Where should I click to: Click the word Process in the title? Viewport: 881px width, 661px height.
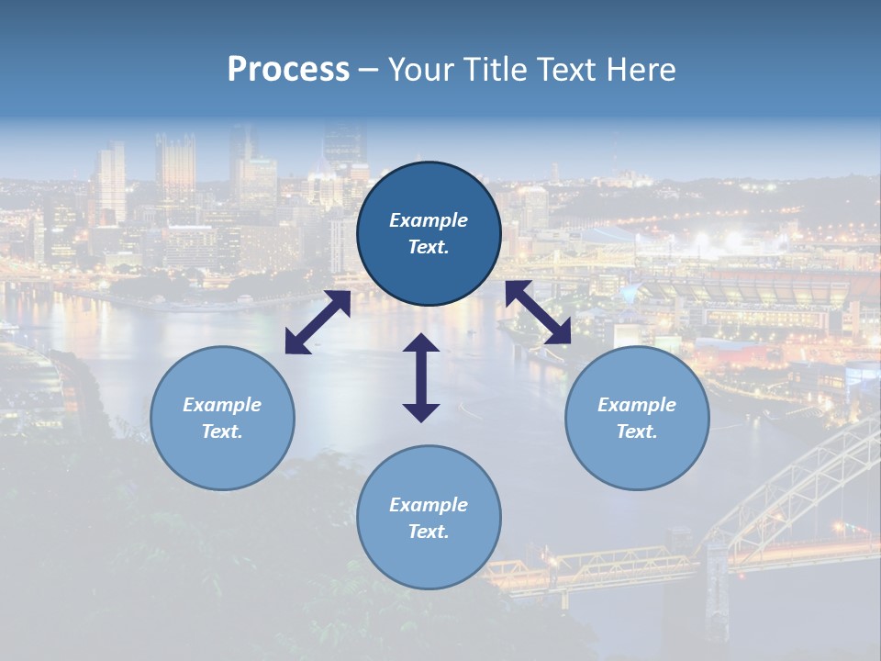(x=288, y=70)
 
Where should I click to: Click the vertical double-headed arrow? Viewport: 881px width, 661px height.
(x=421, y=377)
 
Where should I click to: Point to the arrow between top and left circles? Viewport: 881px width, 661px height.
(x=318, y=322)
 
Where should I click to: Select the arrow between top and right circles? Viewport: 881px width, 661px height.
(x=538, y=312)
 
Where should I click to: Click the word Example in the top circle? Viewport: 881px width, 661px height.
(x=429, y=220)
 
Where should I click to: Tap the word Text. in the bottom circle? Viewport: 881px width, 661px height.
(x=429, y=532)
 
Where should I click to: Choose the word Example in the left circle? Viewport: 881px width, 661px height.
(x=222, y=405)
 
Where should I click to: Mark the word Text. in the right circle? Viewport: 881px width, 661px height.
(x=637, y=431)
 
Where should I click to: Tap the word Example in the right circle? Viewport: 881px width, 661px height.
(x=637, y=405)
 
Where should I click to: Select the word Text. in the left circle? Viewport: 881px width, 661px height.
(x=222, y=431)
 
